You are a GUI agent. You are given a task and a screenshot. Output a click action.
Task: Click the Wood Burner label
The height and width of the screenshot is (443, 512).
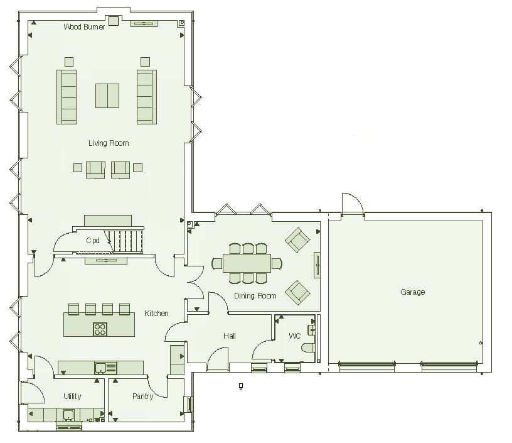pyautogui.click(x=84, y=27)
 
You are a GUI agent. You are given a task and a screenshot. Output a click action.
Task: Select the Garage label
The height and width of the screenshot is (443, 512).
pyautogui.click(x=412, y=292)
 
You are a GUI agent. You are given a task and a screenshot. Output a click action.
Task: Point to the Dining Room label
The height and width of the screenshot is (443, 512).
pyautogui.click(x=255, y=296)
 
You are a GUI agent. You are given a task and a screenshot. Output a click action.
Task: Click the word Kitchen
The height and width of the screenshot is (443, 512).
pyautogui.click(x=156, y=314)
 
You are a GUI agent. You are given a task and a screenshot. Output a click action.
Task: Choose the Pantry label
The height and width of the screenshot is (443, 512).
pyautogui.click(x=143, y=397)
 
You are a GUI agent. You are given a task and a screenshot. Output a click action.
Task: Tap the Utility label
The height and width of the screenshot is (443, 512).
pyautogui.click(x=72, y=397)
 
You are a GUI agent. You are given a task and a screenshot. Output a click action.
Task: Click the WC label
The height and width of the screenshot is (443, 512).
pyautogui.click(x=295, y=336)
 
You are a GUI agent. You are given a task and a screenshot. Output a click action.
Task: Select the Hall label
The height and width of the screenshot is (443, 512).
pyautogui.click(x=230, y=336)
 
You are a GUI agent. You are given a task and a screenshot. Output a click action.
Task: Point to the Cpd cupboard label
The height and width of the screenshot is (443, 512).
pyautogui.click(x=93, y=241)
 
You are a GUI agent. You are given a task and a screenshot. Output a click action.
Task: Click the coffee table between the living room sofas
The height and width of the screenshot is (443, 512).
pyautogui.click(x=107, y=96)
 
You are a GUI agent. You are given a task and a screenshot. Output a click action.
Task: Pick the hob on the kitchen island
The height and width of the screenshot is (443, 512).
pyautogui.click(x=100, y=329)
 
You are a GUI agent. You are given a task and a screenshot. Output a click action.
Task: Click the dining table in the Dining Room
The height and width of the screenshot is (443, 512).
pyautogui.click(x=247, y=262)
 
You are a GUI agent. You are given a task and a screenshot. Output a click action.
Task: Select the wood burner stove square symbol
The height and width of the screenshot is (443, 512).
pyautogui.click(x=114, y=21)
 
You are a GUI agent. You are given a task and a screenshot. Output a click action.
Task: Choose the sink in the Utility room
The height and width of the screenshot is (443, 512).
pyautogui.click(x=69, y=414)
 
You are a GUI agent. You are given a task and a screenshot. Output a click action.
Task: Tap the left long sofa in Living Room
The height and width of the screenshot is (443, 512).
pyautogui.click(x=67, y=96)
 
